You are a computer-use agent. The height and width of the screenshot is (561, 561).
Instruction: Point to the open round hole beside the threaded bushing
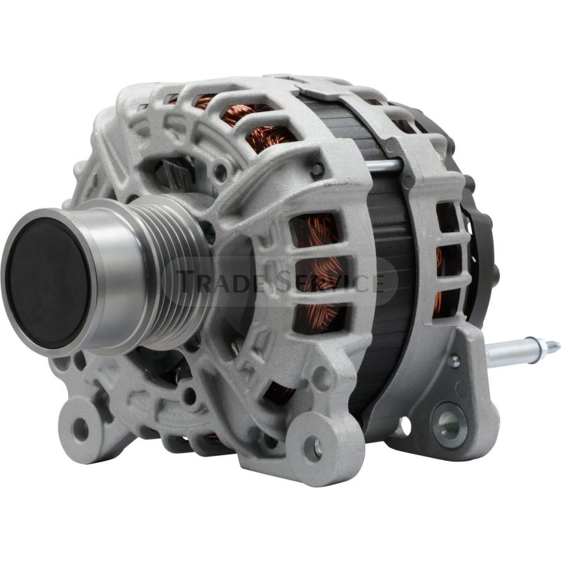tap(405, 424)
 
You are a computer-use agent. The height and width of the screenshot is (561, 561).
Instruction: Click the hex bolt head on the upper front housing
tap(317, 168)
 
